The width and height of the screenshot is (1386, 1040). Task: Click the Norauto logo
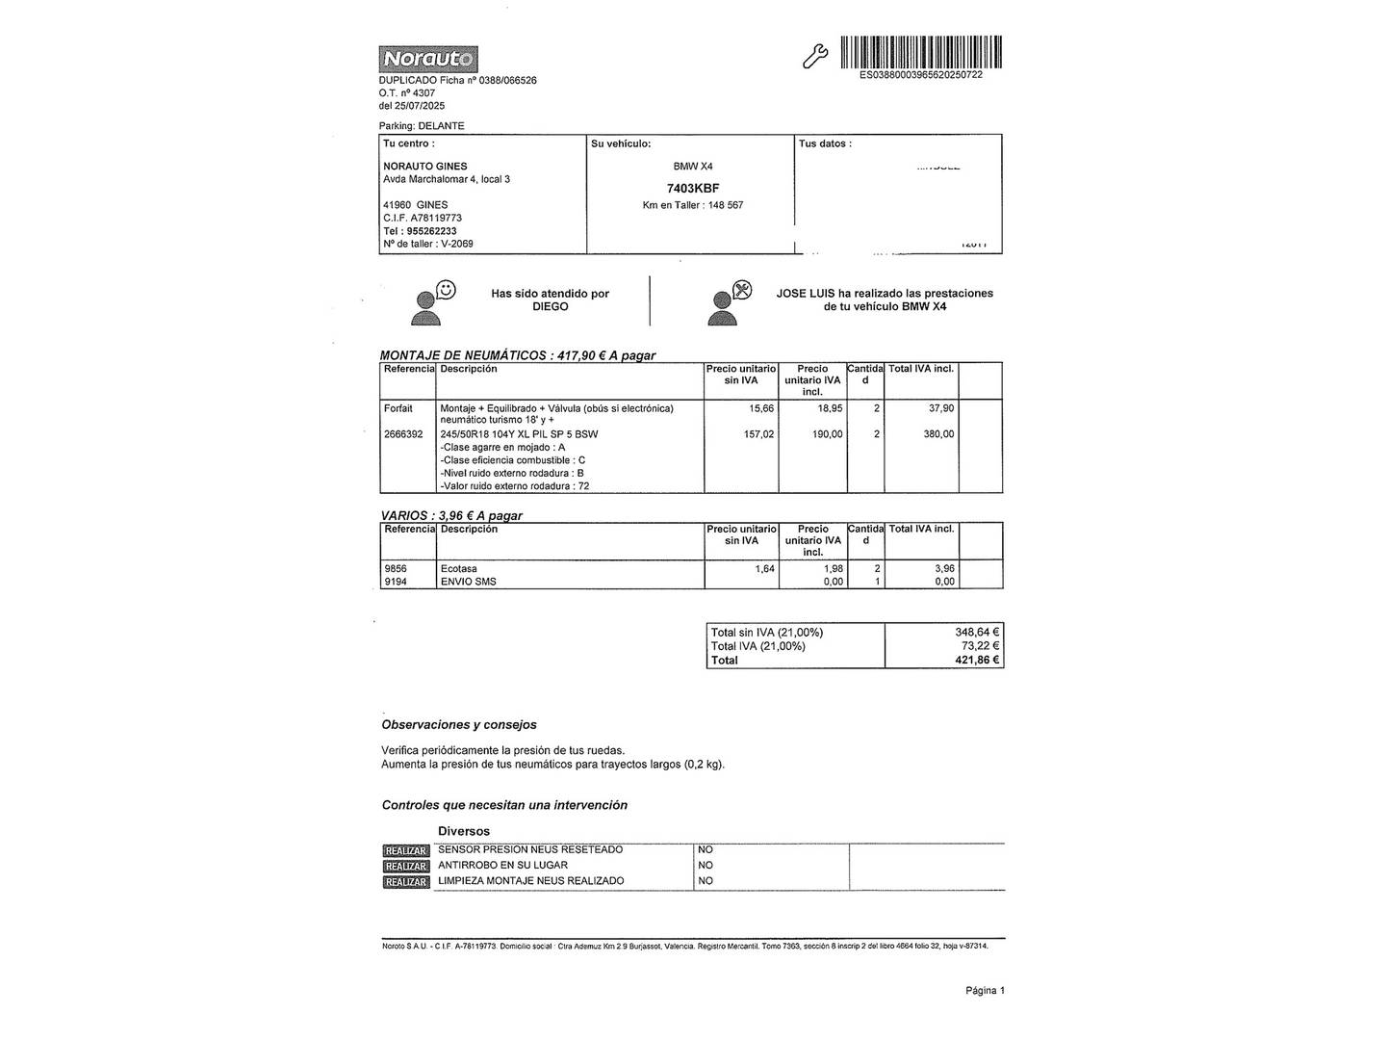[x=428, y=60]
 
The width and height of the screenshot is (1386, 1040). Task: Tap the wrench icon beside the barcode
[x=814, y=57]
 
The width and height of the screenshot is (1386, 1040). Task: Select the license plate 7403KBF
[x=693, y=189]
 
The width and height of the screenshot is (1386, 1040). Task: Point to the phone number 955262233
[x=432, y=231]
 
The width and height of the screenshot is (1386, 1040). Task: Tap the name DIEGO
[x=551, y=307]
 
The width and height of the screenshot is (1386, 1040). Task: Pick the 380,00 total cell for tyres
[x=938, y=434]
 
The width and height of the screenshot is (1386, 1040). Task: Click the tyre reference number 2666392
[x=403, y=434]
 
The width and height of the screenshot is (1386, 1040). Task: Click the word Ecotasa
[x=458, y=569]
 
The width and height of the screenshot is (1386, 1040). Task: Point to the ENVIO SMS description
[x=469, y=582]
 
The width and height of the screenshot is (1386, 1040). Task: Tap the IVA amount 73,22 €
[x=980, y=646]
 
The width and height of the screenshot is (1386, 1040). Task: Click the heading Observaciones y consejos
[x=459, y=725]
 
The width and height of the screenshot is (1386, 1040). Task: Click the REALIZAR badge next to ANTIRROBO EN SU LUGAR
[x=405, y=867]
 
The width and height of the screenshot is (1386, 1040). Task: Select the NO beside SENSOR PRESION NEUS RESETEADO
[x=706, y=850]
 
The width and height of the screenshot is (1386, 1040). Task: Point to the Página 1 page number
[x=985, y=991]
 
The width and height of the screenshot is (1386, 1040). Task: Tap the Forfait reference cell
[x=398, y=408]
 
